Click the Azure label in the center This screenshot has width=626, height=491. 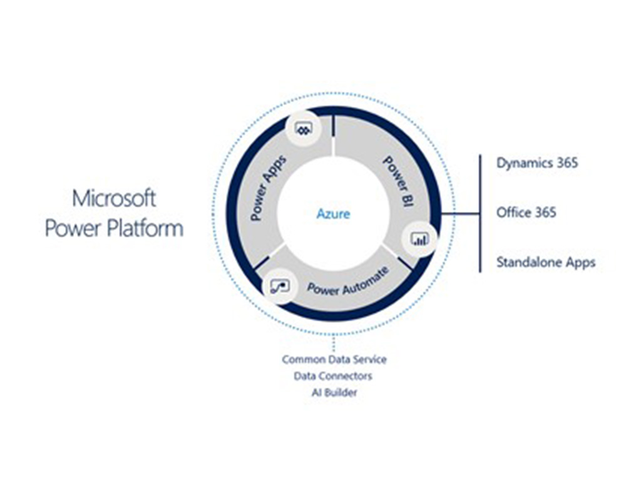(333, 214)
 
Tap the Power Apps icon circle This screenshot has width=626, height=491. (304, 129)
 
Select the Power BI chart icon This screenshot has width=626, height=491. (420, 239)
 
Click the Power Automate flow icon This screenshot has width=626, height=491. (280, 286)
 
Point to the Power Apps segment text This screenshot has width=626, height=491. (268, 188)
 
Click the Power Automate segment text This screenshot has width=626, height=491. (347, 281)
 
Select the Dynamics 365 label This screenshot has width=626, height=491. (537, 163)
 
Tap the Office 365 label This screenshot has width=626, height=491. (526, 212)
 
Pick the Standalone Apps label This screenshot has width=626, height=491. (546, 263)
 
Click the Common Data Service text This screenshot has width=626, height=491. (334, 360)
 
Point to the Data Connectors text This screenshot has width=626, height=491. (333, 376)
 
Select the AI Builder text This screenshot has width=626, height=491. (334, 392)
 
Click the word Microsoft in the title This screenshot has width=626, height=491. (114, 199)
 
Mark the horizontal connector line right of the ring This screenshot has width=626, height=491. (460, 214)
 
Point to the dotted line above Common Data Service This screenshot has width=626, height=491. (334, 344)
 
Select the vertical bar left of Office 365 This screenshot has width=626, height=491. (480, 214)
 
